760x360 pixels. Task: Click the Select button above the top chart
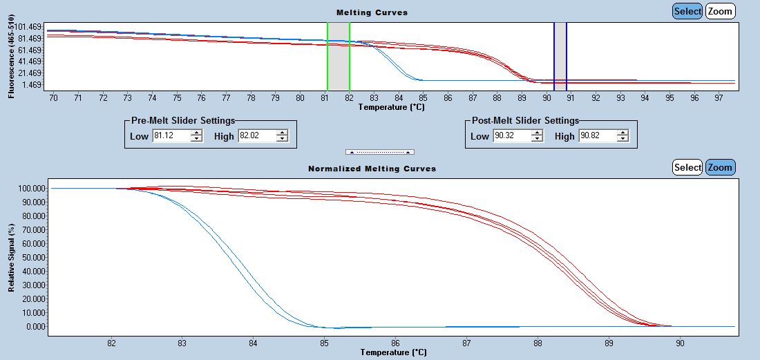(687, 11)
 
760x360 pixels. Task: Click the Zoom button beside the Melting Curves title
(720, 11)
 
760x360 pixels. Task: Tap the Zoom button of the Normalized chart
(720, 167)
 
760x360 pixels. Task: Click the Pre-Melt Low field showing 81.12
(171, 136)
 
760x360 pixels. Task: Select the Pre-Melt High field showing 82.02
(256, 136)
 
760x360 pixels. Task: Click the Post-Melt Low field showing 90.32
(512, 136)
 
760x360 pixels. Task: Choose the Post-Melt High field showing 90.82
(597, 136)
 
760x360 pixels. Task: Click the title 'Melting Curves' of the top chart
(372, 12)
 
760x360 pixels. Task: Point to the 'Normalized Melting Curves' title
(372, 169)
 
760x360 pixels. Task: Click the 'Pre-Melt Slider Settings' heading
(183, 120)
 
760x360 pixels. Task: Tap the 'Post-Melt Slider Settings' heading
(525, 120)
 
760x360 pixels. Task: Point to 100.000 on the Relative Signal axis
(31, 188)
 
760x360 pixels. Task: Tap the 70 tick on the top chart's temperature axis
(53, 98)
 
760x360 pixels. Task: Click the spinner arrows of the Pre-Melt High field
(281, 136)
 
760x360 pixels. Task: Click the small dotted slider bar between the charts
(379, 151)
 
